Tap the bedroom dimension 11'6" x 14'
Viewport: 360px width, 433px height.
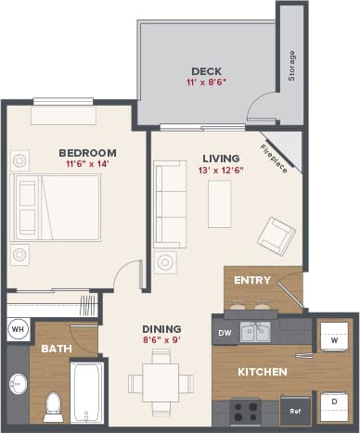tap(86, 165)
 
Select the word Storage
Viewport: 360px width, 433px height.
tap(291, 66)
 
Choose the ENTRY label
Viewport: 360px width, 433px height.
tap(252, 280)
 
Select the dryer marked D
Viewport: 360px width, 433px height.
tap(333, 401)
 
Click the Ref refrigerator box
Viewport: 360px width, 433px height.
tap(295, 410)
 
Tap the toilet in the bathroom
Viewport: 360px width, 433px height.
tap(53, 403)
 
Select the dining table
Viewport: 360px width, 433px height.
tap(161, 382)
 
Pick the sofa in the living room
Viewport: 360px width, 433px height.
tap(170, 204)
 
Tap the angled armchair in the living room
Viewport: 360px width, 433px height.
tap(276, 236)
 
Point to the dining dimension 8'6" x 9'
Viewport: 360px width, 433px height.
tap(161, 339)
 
